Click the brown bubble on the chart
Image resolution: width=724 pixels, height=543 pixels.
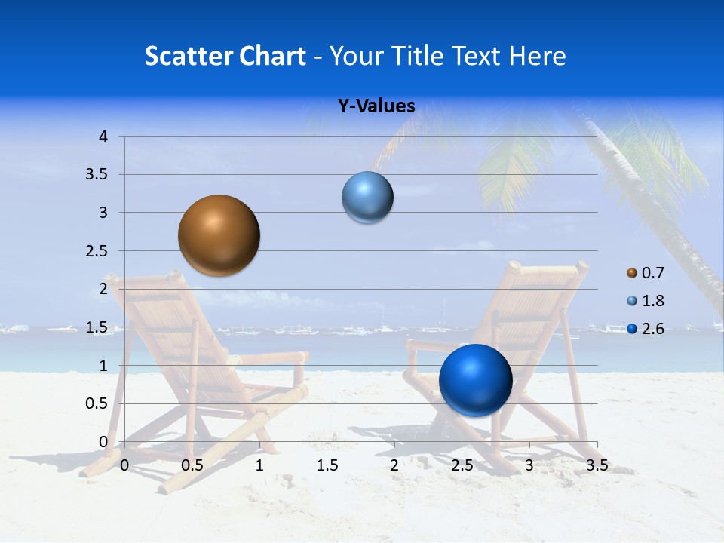tap(219, 235)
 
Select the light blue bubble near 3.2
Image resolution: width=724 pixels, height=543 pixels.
tap(368, 198)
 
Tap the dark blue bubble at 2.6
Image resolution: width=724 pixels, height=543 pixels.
tap(475, 380)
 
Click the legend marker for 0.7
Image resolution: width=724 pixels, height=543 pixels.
tap(632, 272)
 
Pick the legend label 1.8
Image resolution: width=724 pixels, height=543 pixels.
tap(653, 301)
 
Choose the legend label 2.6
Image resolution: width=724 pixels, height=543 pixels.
tap(653, 329)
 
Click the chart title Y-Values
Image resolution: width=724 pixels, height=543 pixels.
tap(376, 106)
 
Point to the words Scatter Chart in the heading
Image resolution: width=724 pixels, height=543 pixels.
tap(225, 56)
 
